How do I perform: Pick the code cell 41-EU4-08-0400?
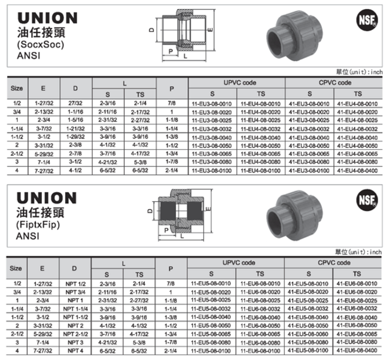point(358,171)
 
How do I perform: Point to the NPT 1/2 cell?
point(74,283)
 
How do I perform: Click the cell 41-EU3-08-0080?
point(309,162)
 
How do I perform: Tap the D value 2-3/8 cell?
point(74,146)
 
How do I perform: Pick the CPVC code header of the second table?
point(333,263)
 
